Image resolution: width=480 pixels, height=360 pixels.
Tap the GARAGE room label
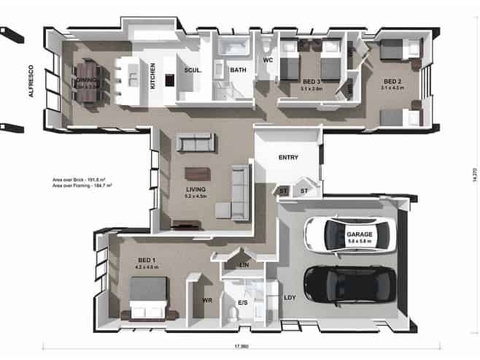coord(359,234)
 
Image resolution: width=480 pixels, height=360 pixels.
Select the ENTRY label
coord(287,157)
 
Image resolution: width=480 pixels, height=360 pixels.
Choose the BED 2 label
coord(392,81)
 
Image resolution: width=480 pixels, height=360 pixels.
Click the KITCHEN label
coord(152,75)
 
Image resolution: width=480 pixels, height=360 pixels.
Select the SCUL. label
coord(193,71)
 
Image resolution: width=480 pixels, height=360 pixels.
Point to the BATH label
coord(238,71)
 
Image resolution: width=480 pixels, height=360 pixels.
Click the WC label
coord(267,61)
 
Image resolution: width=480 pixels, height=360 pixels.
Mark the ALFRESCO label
coord(31,82)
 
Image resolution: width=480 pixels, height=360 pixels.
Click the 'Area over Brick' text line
coord(80,179)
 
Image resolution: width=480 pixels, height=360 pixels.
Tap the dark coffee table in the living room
coord(196,173)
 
